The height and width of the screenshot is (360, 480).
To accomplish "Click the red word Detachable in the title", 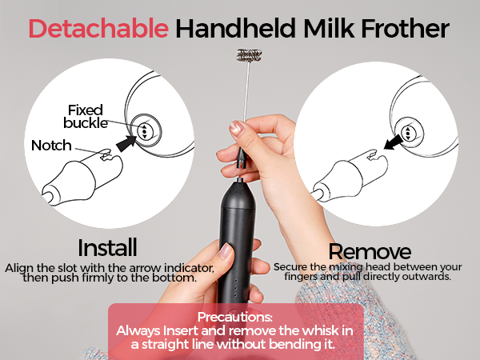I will click(98, 29).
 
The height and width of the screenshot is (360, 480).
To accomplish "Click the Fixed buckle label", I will click(86, 116).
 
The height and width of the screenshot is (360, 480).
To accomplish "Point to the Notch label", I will click(51, 146).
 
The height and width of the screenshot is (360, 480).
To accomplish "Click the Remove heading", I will click(370, 252).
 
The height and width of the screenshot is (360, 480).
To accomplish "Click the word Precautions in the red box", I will click(235, 315).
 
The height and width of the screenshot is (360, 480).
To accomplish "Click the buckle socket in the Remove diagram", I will click(408, 131).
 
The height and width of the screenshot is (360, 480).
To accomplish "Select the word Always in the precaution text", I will click(140, 330).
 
